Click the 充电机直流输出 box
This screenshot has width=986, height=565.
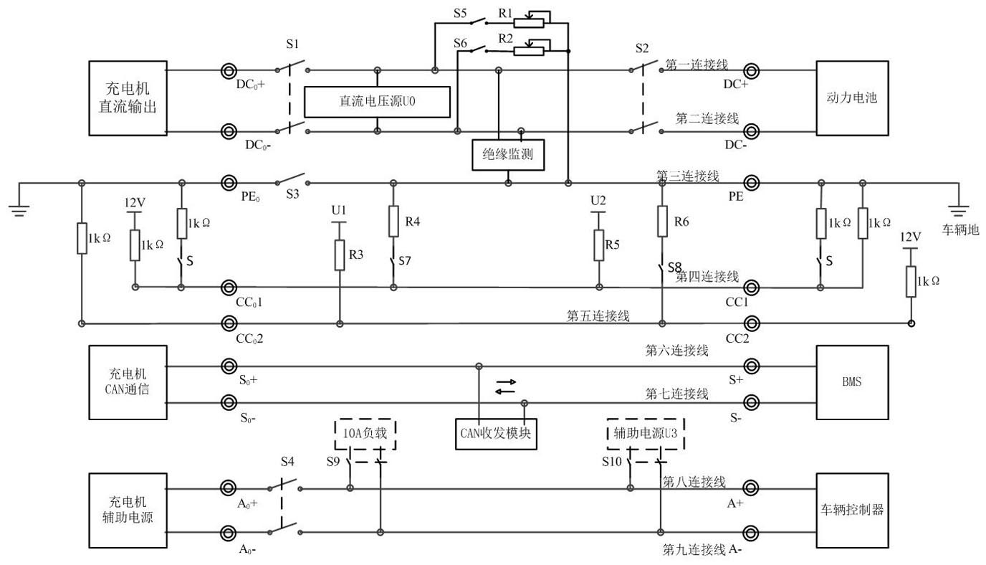127,98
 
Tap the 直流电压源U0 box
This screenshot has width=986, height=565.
378,102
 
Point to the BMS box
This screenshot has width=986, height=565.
851,382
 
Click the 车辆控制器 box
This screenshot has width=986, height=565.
851,510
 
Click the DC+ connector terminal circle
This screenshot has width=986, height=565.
751,71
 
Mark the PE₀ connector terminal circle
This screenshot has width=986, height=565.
229,184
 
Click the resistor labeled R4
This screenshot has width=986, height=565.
393,222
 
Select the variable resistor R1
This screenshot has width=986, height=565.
529,22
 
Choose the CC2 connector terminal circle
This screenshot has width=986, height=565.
751,323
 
